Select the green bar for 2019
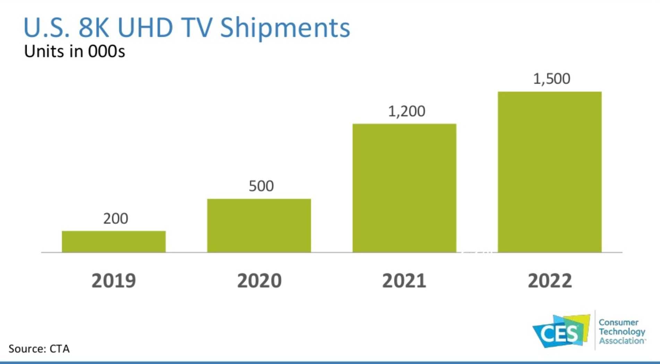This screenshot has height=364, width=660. pos(114,242)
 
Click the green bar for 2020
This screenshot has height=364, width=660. pos(259,226)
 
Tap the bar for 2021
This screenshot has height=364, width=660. pos(404,188)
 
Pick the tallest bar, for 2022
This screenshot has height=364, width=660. pos(550,172)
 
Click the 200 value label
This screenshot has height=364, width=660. pos(115,219)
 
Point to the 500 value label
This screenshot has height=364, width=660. pos(261,186)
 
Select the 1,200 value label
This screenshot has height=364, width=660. pos(406,111)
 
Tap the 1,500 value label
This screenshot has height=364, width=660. pos(551,79)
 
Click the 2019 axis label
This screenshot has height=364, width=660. pos(114,281)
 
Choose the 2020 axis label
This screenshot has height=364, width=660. pos(259,281)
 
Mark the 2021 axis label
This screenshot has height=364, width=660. pos(404,281)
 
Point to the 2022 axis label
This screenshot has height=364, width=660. pos(550,281)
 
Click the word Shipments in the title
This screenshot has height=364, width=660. pos(285,28)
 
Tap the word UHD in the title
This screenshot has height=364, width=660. pos(145,27)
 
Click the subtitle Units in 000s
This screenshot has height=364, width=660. pos(74,52)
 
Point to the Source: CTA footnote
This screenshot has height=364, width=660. pos(39,348)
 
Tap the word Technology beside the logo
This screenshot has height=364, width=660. pos(622,332)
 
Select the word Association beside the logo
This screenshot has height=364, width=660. pos(622,341)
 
